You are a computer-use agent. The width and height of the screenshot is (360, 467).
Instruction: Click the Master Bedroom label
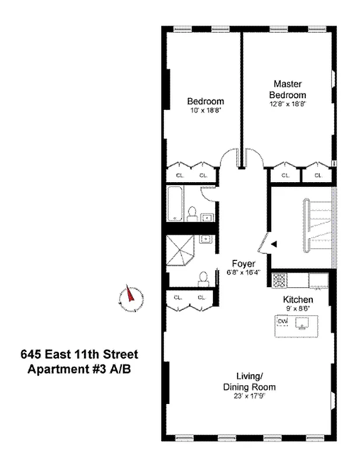pos(287,89)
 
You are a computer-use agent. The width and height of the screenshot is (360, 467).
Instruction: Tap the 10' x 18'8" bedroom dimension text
pos(205,111)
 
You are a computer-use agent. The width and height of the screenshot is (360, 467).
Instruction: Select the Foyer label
pos(243,264)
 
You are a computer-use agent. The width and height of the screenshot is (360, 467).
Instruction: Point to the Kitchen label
pos(298,299)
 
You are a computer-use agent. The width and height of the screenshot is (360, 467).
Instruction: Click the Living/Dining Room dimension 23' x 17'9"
pos(249,396)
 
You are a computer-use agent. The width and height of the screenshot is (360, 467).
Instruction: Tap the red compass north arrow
pos(130,294)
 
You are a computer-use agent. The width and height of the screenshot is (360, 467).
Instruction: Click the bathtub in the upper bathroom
pos(175,203)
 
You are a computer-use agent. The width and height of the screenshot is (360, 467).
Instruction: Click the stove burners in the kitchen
pos(279,281)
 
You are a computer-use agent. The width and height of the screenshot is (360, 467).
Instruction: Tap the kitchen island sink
pos(302,323)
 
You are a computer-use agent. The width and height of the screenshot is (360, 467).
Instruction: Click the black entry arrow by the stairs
pos(274,244)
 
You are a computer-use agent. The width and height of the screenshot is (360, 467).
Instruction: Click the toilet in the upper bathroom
pos(193,214)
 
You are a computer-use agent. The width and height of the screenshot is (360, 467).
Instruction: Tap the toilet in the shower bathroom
pos(204,279)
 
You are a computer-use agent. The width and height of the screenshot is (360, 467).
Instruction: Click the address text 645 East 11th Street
pos(79,354)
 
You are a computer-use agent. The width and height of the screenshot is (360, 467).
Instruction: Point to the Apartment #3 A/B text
pos(79,370)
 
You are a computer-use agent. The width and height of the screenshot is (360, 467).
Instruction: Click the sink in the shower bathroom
pos(205,239)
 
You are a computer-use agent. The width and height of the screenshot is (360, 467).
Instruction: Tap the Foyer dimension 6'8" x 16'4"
pos(243,272)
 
